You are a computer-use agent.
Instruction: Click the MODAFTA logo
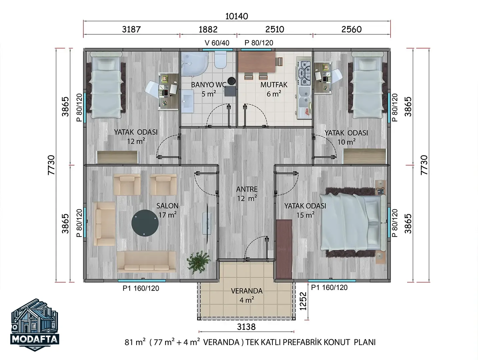(x=35, y=324)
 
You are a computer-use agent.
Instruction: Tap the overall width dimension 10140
(x=236, y=16)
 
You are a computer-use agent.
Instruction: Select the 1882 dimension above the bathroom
(x=208, y=29)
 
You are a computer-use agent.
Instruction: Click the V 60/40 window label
(x=217, y=43)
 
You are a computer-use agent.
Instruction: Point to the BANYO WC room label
(x=208, y=85)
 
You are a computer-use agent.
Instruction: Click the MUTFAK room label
(x=274, y=85)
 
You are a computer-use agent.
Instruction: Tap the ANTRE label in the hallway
(x=247, y=189)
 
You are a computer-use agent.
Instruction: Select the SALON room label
(x=167, y=206)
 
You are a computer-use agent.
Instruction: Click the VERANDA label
(x=247, y=291)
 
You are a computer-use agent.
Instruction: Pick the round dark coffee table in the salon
(x=145, y=223)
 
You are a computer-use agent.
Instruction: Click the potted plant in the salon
(x=198, y=262)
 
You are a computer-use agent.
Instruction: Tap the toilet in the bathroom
(x=220, y=59)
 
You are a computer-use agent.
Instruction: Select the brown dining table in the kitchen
(x=257, y=62)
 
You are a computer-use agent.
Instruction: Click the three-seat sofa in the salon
(x=146, y=262)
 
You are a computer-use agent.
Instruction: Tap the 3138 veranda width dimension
(x=246, y=327)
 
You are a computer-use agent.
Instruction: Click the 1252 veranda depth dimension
(x=303, y=301)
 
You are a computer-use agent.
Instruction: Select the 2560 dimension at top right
(x=351, y=29)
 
